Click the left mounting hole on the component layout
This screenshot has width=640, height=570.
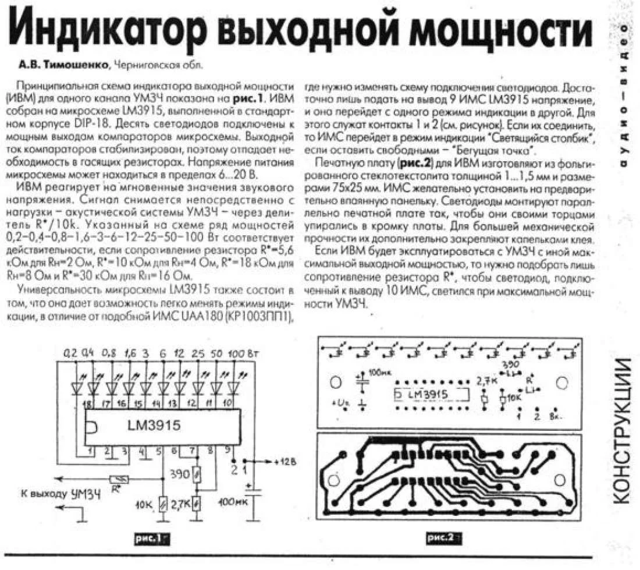(335, 383)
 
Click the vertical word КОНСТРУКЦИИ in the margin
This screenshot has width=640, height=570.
(623, 430)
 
